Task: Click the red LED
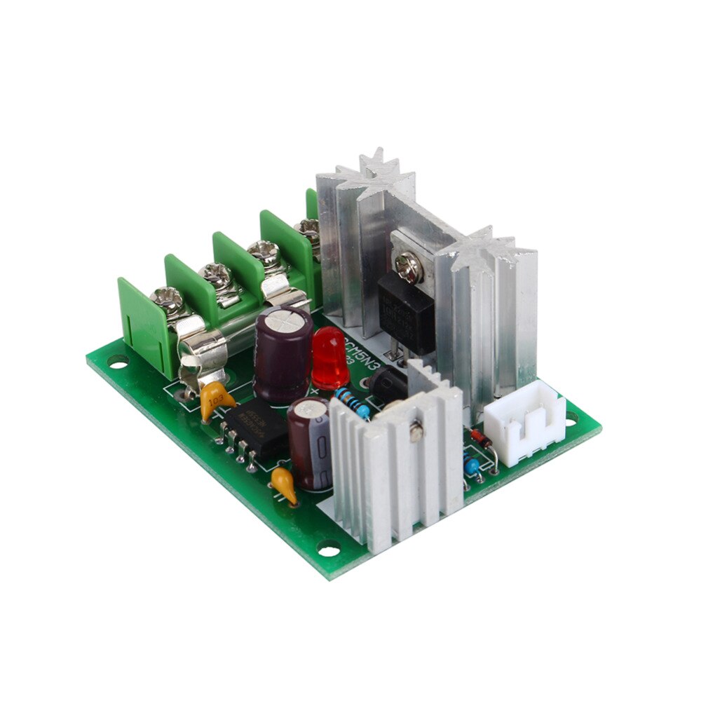tap(329, 356)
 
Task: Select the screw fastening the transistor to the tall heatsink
tap(407, 263)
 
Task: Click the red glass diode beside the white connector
tap(480, 439)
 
